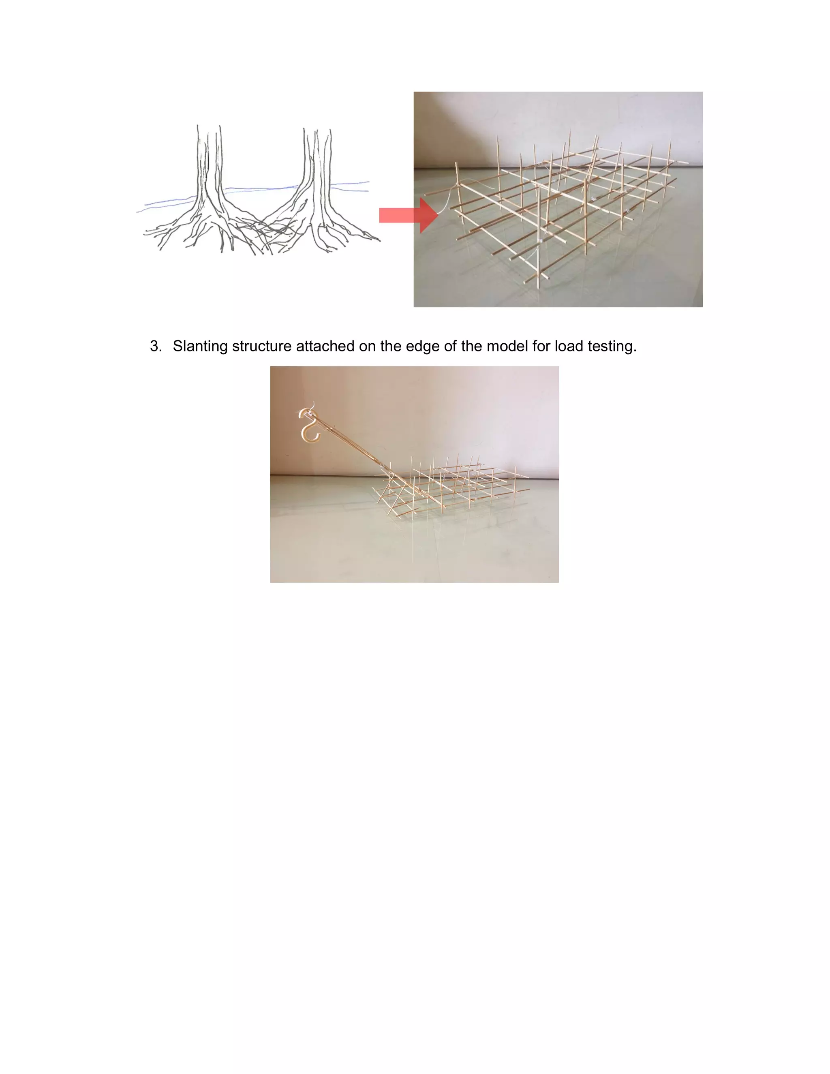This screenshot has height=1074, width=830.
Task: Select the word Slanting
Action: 200,346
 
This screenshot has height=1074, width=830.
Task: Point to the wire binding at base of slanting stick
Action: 383,465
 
